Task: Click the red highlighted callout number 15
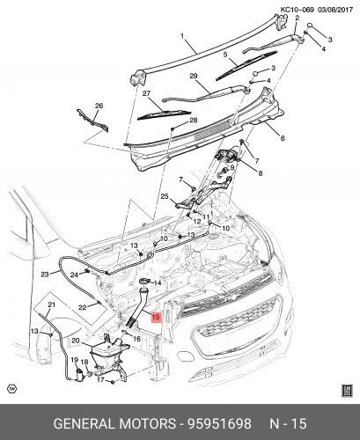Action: pos(156,317)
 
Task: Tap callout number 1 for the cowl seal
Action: pos(182,36)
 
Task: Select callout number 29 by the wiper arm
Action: pos(194,77)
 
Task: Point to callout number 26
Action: pos(99,106)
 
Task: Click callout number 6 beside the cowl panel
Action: pos(283,138)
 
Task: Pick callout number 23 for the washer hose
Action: pos(45,275)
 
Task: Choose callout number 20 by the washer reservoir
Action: pos(76,341)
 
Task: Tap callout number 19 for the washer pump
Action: pos(74,360)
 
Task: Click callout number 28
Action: pos(194,120)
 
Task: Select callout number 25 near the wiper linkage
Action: pos(165,196)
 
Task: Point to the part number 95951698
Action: pos(219,424)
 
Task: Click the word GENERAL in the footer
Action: pos(84,424)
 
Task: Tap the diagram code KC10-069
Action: pos(298,10)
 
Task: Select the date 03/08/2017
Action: pos(334,10)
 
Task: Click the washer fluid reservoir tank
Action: pos(107,356)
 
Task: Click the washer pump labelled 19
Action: pos(78,376)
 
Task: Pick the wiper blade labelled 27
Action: pos(164,114)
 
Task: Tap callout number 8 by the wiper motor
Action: pos(261,173)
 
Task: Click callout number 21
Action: pos(52,305)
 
